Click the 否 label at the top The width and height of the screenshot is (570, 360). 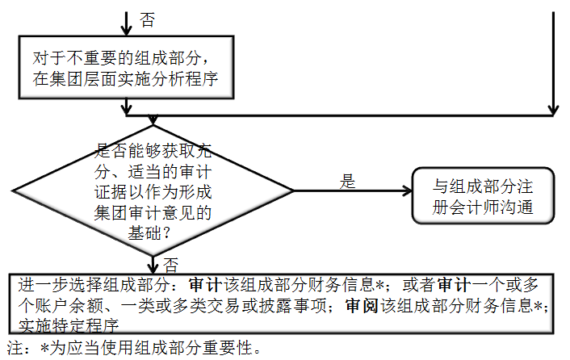[x=148, y=21]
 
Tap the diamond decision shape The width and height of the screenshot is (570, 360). [x=153, y=192]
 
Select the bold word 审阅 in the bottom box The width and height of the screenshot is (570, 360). [x=360, y=306]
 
